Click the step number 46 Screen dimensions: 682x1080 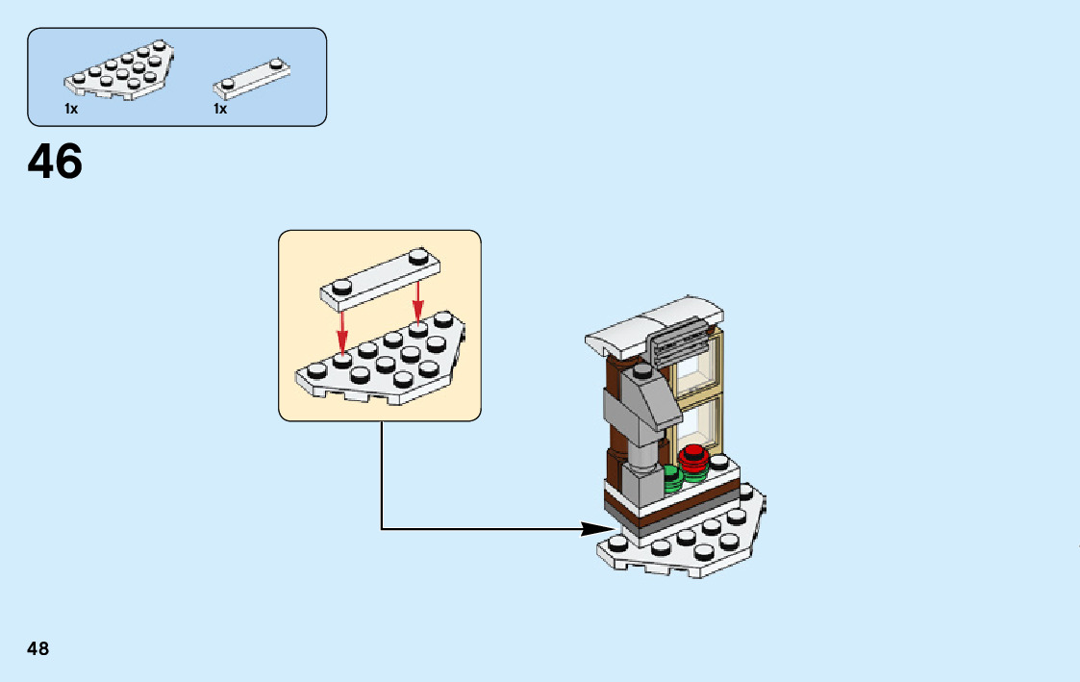coord(55,163)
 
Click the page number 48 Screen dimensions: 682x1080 coord(38,648)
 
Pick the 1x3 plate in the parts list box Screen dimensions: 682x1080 coord(252,78)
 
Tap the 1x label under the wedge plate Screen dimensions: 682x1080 coord(71,110)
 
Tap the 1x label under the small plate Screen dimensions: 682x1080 coord(220,110)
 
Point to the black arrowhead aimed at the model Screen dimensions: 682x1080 coord(596,528)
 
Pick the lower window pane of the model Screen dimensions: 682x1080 coord(699,423)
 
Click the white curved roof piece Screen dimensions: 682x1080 coord(654,322)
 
